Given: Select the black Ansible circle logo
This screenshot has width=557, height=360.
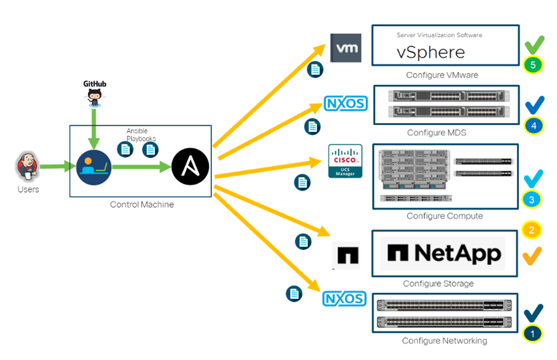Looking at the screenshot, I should (190, 166).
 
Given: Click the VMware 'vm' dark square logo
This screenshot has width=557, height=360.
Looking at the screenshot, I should (346, 48).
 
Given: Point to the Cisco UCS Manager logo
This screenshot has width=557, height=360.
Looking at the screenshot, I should (345, 161).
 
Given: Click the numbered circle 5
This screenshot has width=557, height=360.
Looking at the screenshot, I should (533, 65).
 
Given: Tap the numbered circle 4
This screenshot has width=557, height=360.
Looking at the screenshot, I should (534, 126).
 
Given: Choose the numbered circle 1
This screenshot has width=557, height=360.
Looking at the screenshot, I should (532, 333).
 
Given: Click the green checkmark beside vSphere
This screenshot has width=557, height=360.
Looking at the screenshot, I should (534, 45).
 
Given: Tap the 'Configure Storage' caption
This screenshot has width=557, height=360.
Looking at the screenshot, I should (438, 284).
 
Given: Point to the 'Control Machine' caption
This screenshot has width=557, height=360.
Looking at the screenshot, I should (142, 205).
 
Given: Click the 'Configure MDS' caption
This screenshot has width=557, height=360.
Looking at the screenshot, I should (437, 133).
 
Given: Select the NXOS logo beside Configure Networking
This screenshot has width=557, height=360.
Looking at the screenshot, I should (344, 299).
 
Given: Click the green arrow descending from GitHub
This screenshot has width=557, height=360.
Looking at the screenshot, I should (94, 129).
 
